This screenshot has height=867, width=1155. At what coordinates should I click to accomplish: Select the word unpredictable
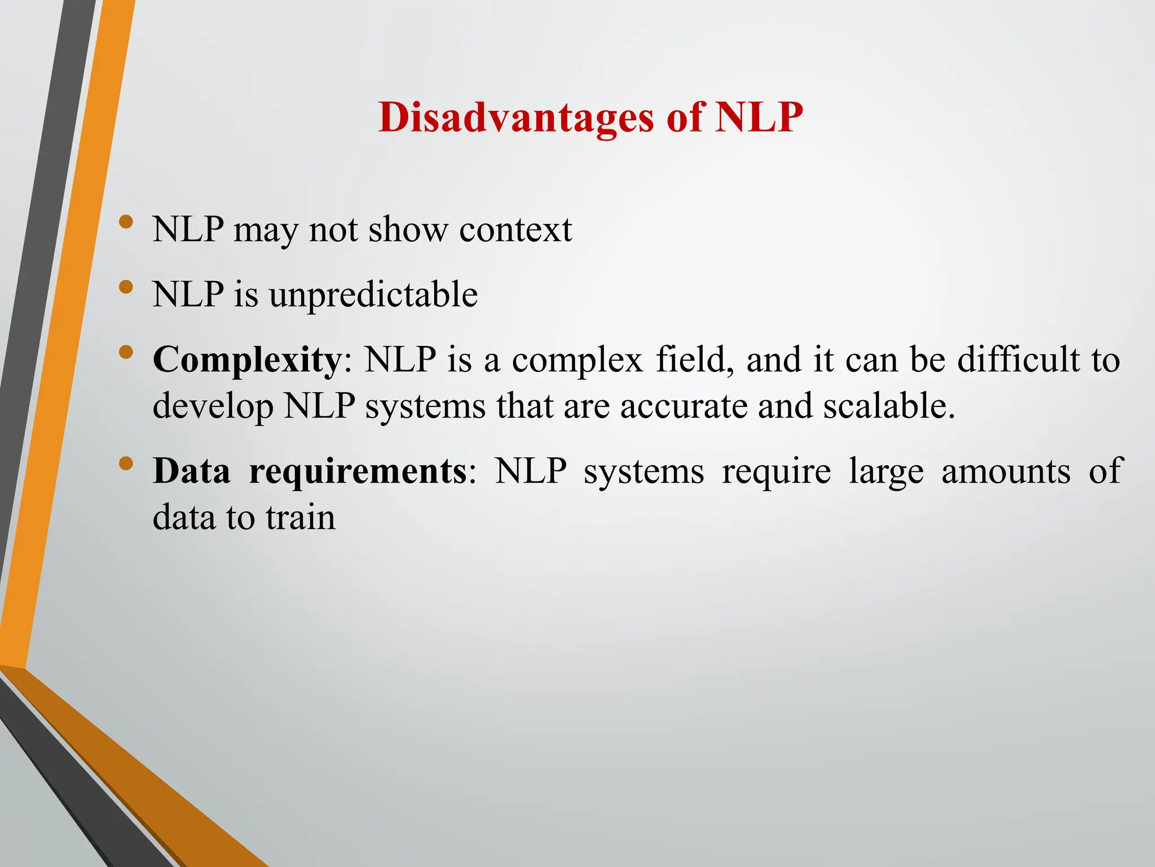373,295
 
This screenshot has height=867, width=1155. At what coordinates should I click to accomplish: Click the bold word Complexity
246,360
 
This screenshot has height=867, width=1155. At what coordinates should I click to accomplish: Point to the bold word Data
191,471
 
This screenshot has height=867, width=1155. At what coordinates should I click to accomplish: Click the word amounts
1006,471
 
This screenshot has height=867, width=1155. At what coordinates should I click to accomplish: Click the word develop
213,406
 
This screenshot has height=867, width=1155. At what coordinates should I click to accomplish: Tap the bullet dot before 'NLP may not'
126,222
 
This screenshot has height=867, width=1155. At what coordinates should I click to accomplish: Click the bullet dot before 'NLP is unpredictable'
126,287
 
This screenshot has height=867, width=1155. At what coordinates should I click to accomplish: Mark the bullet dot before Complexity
126,352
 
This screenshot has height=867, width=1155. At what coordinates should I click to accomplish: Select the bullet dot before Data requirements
126,463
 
